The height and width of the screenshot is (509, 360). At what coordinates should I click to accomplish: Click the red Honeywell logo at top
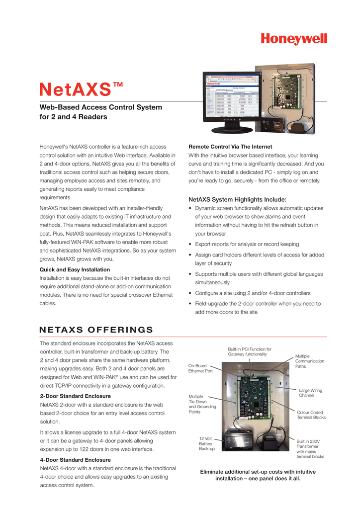(294, 38)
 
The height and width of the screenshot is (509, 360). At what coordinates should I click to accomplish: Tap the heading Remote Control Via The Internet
(230, 147)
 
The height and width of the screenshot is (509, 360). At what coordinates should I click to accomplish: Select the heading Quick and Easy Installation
(75, 269)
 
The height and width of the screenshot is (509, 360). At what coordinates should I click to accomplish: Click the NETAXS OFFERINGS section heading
(96, 330)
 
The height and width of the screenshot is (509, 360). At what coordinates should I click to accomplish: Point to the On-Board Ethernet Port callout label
(200, 368)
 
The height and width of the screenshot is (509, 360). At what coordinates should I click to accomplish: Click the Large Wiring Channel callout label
(310, 393)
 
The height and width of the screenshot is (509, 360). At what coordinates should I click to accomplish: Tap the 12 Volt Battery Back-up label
(206, 443)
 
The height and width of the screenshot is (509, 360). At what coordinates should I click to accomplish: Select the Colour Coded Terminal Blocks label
(311, 415)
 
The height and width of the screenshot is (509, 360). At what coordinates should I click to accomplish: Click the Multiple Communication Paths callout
(309, 361)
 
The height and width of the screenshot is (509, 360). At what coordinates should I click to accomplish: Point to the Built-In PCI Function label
(250, 351)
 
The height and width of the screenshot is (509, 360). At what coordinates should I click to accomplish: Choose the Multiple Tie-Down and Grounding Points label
(202, 404)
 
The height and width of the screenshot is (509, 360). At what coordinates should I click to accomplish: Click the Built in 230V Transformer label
(310, 448)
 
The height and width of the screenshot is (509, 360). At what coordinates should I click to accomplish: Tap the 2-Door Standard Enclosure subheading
(75, 396)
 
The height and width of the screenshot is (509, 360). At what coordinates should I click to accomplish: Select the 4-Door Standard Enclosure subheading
(75, 460)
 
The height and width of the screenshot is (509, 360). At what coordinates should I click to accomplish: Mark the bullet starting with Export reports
(247, 244)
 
